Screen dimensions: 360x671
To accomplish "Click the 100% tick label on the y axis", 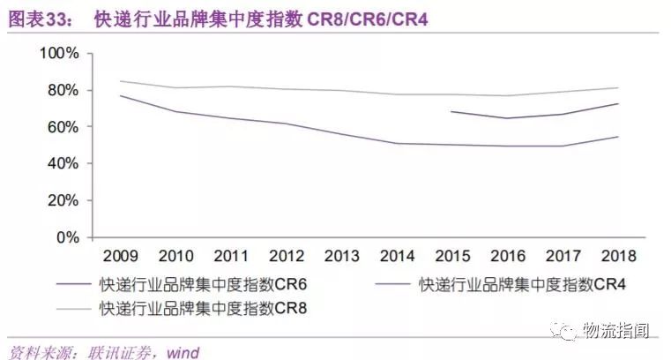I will tap(59, 54).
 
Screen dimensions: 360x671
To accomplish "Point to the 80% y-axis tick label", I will tap(63, 91).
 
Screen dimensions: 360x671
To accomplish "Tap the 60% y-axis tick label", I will tap(63, 127).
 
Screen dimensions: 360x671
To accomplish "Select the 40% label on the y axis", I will tap(63, 164).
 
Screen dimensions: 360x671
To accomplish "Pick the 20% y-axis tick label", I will tap(63, 201).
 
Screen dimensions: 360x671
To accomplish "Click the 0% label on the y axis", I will tap(67, 238).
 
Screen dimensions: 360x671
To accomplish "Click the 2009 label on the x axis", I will tap(120, 257).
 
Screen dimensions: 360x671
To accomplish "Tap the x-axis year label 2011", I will tap(231, 257).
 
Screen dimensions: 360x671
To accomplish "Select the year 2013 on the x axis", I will tap(341, 257).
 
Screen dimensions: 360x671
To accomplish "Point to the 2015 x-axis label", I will tap(451, 257).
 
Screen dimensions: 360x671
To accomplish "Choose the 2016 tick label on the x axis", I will tap(507, 257).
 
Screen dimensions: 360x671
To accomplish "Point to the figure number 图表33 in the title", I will tap(41, 18).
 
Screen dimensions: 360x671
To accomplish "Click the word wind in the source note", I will tap(183, 352).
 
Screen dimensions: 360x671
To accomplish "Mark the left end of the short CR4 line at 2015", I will tap(451, 112).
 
